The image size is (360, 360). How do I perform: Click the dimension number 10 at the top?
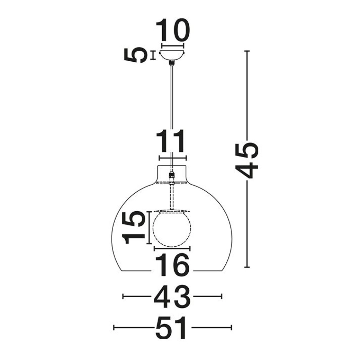(172, 30)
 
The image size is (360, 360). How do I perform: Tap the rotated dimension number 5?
(135, 55)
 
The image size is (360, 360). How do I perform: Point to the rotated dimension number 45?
(247, 160)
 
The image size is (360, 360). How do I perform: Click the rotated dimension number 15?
(134, 227)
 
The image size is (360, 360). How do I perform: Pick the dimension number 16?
(172, 265)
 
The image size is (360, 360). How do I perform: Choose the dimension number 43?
(172, 297)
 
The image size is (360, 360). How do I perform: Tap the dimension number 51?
(172, 328)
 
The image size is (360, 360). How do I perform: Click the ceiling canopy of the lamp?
(172, 55)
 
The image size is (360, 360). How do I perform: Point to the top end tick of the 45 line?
(247, 51)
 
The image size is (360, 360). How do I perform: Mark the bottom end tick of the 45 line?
(247, 267)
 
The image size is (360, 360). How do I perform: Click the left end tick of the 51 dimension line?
(114, 327)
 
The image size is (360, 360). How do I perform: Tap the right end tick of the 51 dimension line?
(231, 327)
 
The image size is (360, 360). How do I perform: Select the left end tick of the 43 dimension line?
(123, 296)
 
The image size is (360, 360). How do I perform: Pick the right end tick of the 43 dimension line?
(222, 296)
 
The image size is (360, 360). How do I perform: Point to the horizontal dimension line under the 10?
(172, 45)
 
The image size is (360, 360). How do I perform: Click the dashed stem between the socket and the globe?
(172, 196)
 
